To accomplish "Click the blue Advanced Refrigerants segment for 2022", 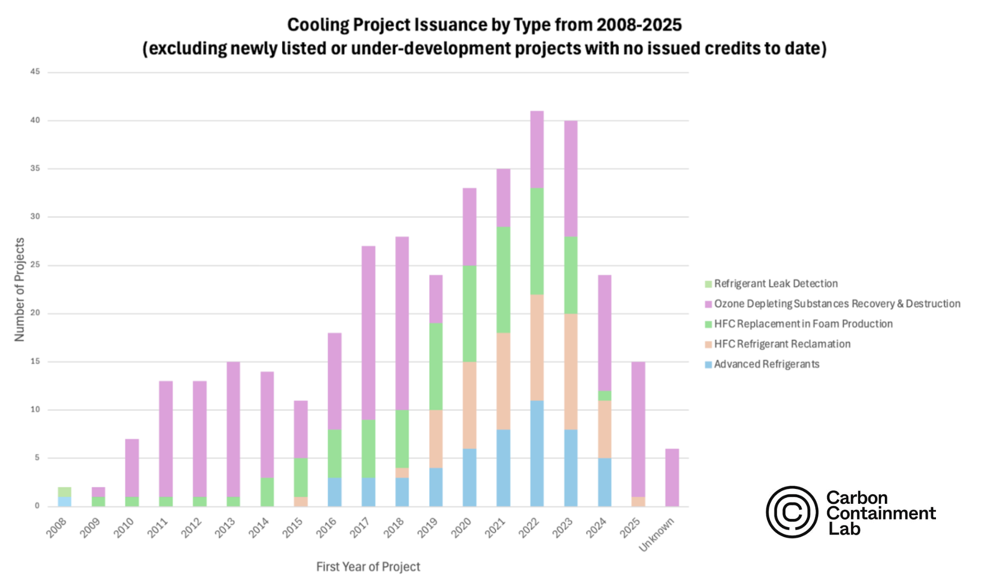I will click(537, 453).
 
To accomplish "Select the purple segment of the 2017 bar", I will click(368, 332).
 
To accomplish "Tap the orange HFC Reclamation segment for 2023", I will click(571, 371).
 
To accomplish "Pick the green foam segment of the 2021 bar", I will click(503, 280).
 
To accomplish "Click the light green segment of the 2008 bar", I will click(64, 492).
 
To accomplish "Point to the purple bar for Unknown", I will click(672, 477).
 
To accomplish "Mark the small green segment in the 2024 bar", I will click(604, 395).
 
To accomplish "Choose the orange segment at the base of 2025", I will click(638, 501).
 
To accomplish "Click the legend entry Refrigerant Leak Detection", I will click(776, 284).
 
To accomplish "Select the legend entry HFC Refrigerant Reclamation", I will click(782, 344).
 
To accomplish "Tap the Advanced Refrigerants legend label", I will click(767, 364).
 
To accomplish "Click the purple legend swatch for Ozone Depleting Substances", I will click(708, 304).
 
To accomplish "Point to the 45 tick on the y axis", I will click(35, 72).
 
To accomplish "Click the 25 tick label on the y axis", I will click(35, 265).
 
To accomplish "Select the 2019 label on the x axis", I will click(427, 528).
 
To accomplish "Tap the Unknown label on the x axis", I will click(656, 535).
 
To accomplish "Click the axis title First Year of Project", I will click(368, 567).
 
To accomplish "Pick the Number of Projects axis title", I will click(20, 290).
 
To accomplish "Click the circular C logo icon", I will click(792, 512).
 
